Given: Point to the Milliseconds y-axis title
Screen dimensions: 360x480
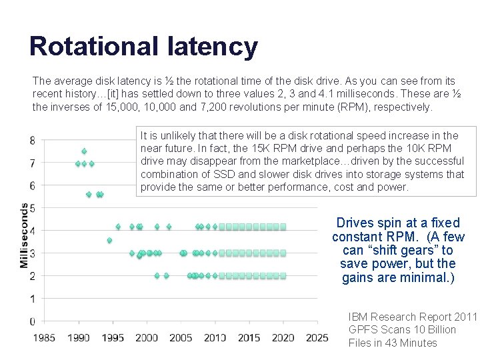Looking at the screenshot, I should tap(25, 235).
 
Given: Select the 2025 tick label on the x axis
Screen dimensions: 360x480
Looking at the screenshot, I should tap(317, 338).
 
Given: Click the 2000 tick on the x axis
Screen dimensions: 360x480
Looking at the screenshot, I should tap(147, 338).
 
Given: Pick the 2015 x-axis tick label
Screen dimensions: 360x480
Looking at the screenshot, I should tap(249, 338).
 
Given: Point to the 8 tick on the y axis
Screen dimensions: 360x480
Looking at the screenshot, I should tap(33, 140).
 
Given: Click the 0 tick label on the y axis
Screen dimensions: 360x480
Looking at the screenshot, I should tap(33, 321).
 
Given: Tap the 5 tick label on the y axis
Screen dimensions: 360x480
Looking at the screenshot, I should tap(33, 208).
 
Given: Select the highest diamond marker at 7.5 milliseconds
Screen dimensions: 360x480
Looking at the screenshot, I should tap(84, 151).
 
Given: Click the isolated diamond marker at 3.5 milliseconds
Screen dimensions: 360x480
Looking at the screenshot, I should tap(109, 240).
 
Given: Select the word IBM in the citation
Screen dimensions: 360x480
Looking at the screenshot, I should tap(359, 317).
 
